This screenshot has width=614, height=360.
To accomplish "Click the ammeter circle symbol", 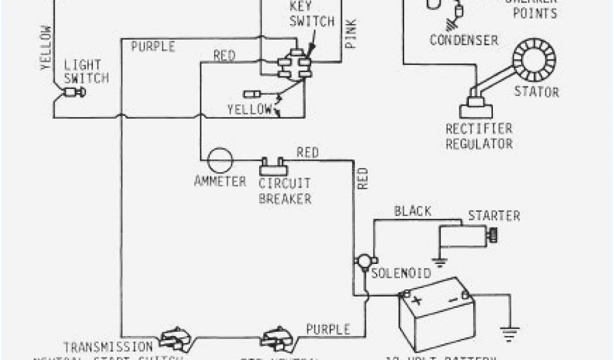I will pyautogui.click(x=219, y=160).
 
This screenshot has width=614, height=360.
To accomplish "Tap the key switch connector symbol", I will pyautogui.click(x=293, y=64).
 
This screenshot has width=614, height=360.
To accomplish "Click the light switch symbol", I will pyautogui.click(x=74, y=92).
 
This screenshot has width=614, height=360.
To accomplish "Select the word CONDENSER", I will pyautogui.click(x=463, y=40).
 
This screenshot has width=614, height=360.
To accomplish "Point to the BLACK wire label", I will pyautogui.click(x=412, y=211).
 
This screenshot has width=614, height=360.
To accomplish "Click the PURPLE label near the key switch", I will pyautogui.click(x=153, y=46).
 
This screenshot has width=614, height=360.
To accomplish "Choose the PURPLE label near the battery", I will pyautogui.click(x=328, y=329).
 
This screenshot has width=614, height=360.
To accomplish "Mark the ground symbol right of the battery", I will pyautogui.click(x=510, y=329).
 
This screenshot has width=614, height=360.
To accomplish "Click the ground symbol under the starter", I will pyautogui.click(x=441, y=262).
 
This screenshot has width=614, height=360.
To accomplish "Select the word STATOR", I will pyautogui.click(x=536, y=92).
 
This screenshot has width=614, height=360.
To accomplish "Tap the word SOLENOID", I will pyautogui.click(x=401, y=274).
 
